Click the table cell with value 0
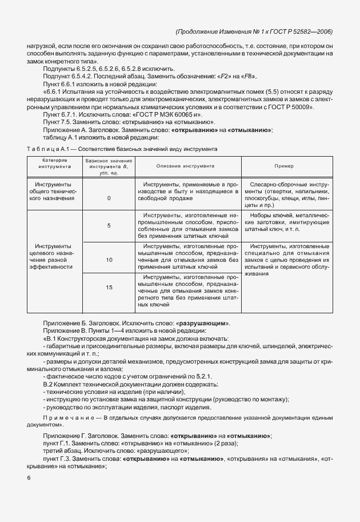109,198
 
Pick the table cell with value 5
109,226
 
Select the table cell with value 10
109,260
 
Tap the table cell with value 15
109,287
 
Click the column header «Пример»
284,166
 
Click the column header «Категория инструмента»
55,166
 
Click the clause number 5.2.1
202,376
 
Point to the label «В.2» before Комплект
49,384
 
